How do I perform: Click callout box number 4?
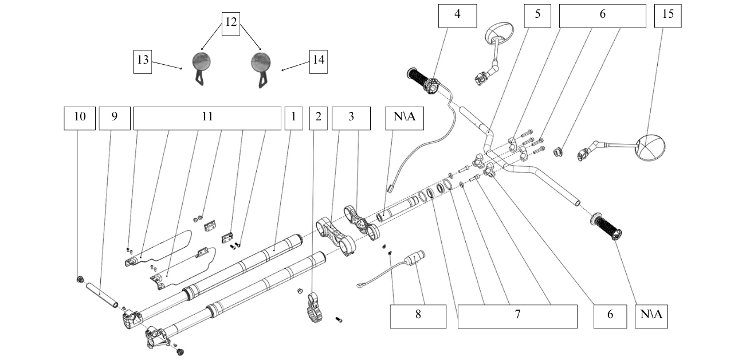457,15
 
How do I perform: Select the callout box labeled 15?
668,15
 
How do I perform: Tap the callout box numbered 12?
231,23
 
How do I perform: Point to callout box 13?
143,61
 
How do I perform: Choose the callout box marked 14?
319,61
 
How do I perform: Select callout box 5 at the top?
537,15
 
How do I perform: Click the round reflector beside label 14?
261,61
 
